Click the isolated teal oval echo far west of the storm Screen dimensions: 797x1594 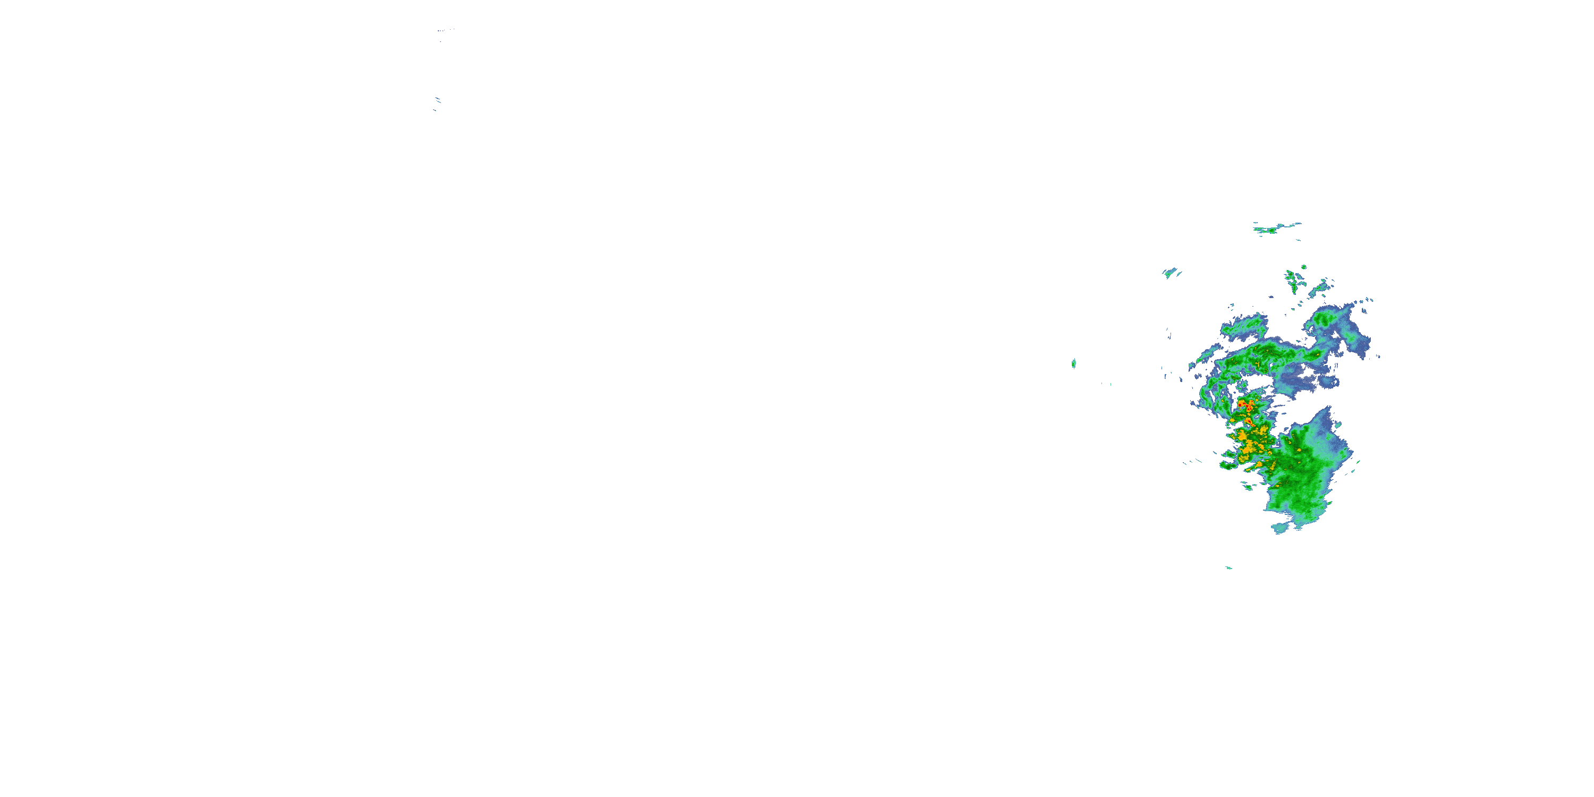(x=1074, y=363)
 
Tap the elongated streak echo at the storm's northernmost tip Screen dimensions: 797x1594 (x=1276, y=228)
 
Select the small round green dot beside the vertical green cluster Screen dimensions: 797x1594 (x=1304, y=267)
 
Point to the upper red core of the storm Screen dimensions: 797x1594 (x=1241, y=404)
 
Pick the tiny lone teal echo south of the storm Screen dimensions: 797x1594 (x=1228, y=567)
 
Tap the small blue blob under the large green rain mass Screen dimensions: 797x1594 (x=1279, y=528)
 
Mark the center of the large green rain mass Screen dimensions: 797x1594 (x=1296, y=477)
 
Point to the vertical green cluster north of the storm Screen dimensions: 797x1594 (x=1292, y=282)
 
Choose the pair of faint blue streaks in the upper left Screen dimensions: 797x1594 (x=437, y=102)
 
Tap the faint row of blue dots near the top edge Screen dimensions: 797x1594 (x=444, y=30)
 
